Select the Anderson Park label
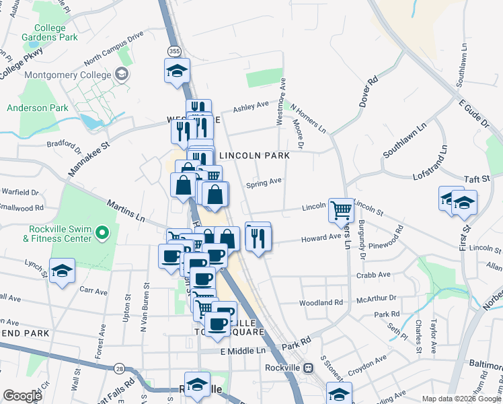click(x=38, y=108)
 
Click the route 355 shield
click(x=173, y=51)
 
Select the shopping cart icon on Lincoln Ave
click(x=341, y=209)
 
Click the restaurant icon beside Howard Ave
click(x=258, y=236)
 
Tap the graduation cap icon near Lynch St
click(x=63, y=271)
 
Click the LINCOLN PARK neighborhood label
click(x=254, y=156)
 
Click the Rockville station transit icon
click(x=308, y=368)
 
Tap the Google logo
click(x=22, y=395)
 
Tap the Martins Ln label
click(x=126, y=210)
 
